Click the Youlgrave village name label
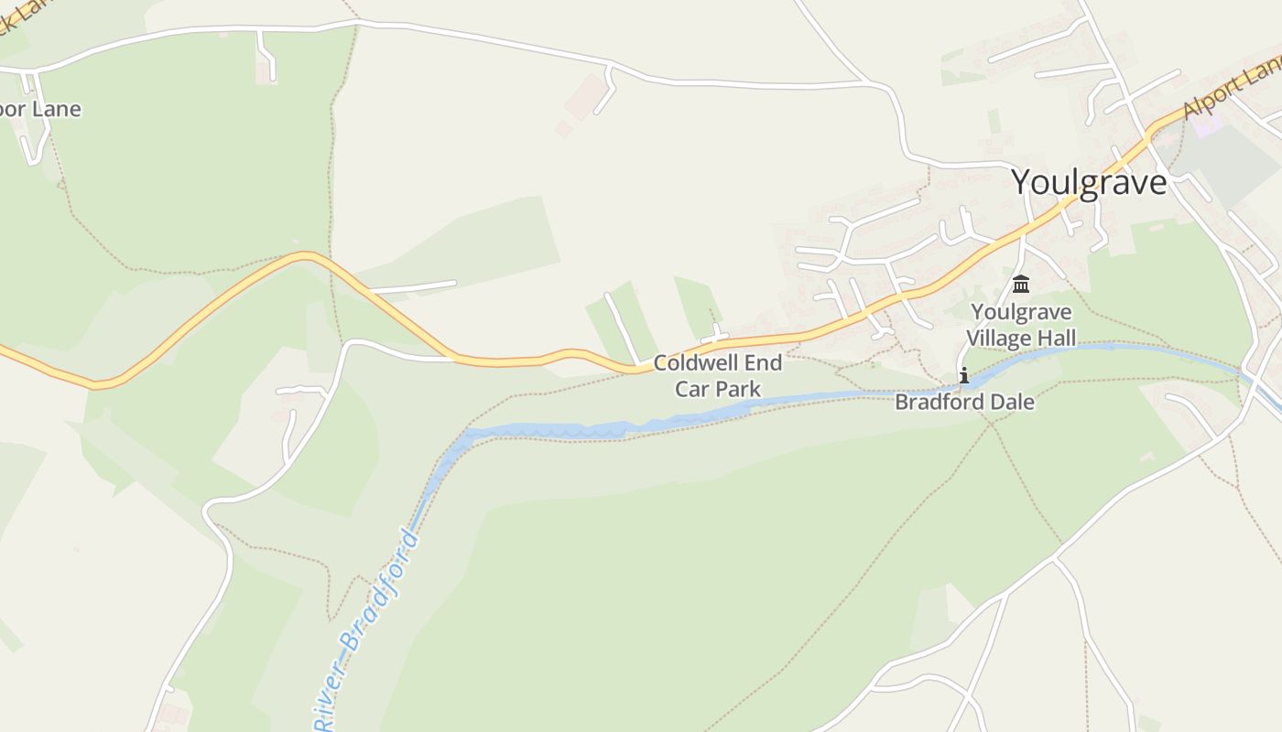(x=1089, y=183)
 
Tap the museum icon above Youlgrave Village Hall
(x=1021, y=284)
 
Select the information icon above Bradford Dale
(x=963, y=375)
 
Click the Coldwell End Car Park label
(x=718, y=376)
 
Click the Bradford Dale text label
(x=964, y=402)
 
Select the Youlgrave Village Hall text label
(x=1021, y=325)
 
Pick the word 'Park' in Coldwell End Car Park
(x=738, y=389)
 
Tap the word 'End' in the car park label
(x=761, y=363)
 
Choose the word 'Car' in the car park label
(x=692, y=389)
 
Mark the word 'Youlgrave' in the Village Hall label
(x=1021, y=312)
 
